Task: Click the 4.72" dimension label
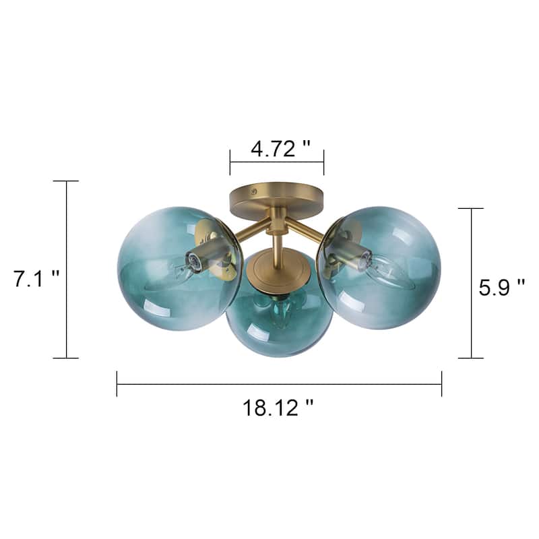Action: click(x=281, y=148)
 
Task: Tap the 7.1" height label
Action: click(x=37, y=278)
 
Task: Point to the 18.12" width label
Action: click(x=278, y=407)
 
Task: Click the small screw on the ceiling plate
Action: click(x=255, y=191)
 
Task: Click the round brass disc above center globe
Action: click(x=279, y=273)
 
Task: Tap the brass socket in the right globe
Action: click(x=354, y=253)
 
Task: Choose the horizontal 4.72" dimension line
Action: click(x=276, y=162)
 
